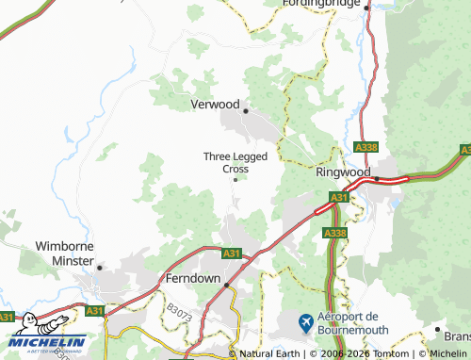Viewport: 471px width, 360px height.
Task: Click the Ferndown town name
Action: (192, 280)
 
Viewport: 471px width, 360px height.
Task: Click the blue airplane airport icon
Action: (305, 322)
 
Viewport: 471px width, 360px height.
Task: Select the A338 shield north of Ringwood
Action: (367, 147)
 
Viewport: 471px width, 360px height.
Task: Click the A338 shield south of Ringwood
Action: (333, 232)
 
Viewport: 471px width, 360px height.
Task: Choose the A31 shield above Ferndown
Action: (232, 254)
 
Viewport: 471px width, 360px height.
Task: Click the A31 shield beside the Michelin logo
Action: (94, 310)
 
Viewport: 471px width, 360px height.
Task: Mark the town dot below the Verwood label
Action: (246, 111)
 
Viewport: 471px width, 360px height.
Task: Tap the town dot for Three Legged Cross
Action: (235, 179)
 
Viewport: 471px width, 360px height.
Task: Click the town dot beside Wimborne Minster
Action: (99, 267)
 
